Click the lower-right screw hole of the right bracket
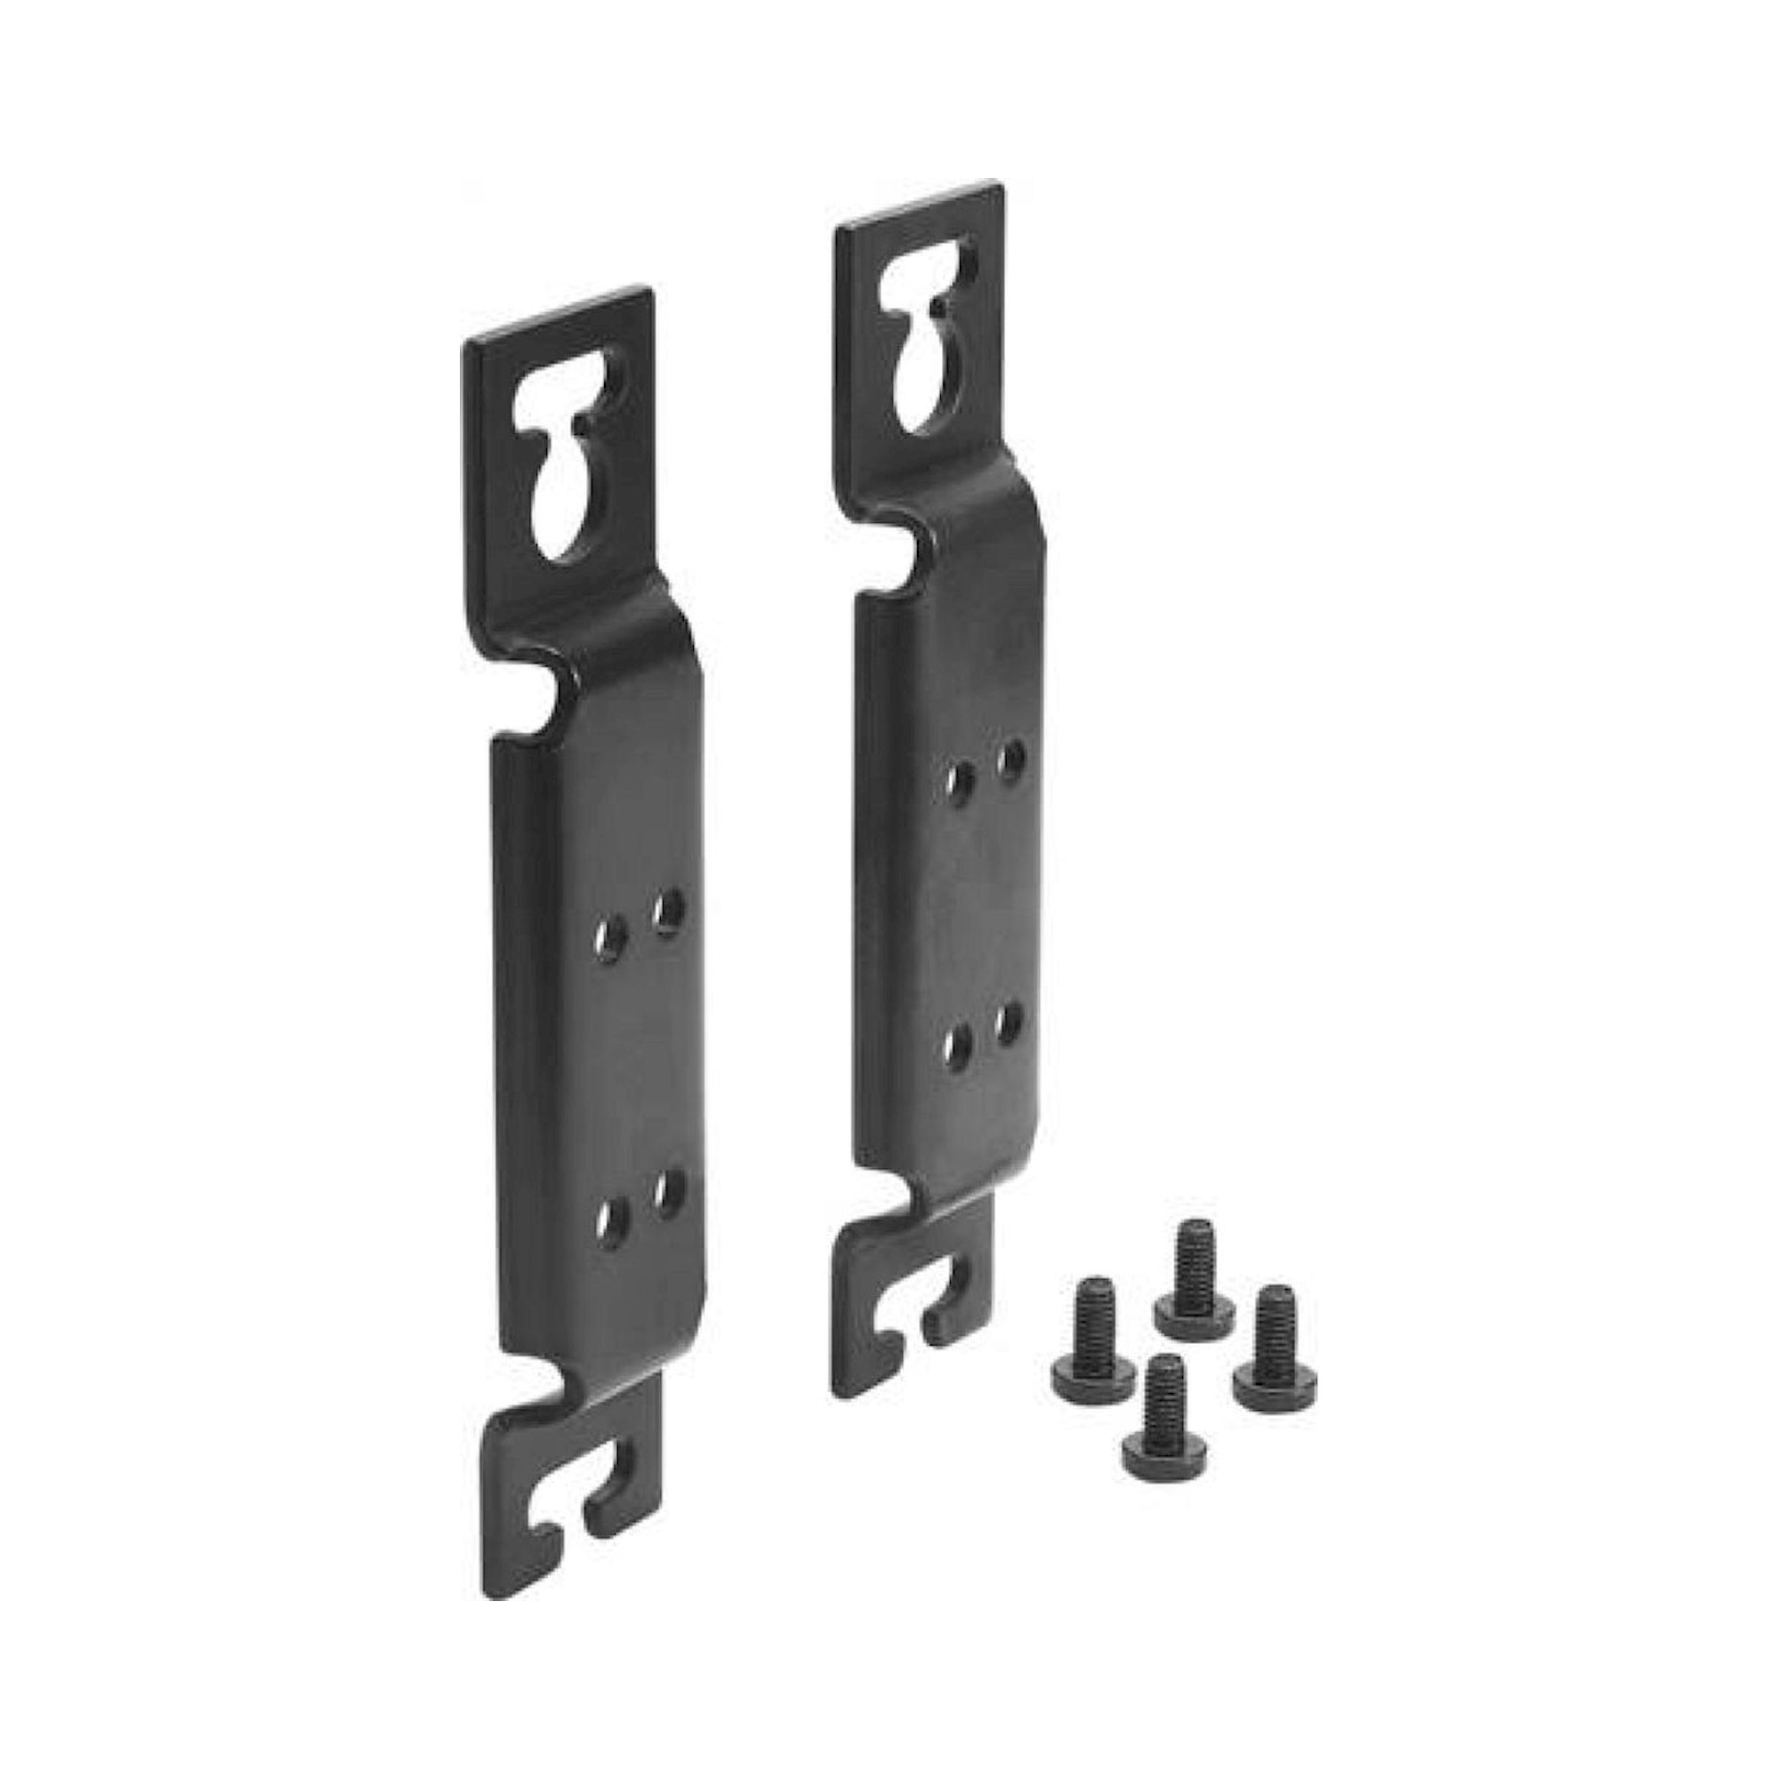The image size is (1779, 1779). point(1011,1020)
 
